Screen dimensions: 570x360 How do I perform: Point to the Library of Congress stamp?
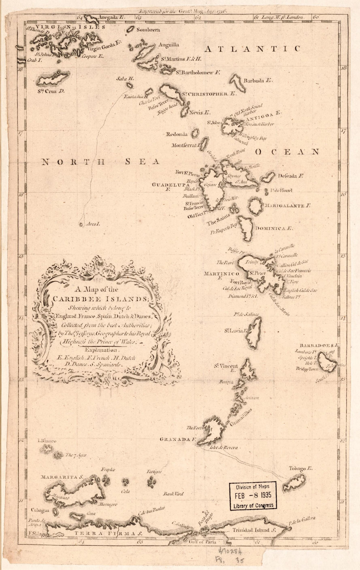tap(253, 496)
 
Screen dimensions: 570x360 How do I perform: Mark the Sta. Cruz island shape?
tap(53, 78)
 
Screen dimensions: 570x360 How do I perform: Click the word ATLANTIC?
tap(252, 49)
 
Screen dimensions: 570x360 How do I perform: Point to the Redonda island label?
tap(177, 134)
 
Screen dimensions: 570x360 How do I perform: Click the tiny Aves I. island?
tap(81, 225)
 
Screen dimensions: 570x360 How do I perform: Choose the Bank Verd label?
tap(173, 494)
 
